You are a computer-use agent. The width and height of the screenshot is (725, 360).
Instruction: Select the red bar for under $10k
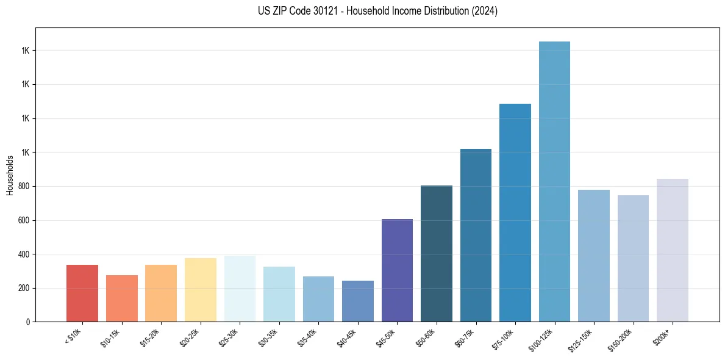[82, 293]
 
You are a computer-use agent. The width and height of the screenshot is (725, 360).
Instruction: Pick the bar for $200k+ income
[673, 250]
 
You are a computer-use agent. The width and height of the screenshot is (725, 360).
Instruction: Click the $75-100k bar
[515, 213]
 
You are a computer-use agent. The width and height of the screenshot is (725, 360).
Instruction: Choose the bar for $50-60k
[437, 254]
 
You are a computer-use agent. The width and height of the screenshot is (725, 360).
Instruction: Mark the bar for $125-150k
[594, 256]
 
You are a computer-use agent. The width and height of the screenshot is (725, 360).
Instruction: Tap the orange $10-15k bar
[122, 298]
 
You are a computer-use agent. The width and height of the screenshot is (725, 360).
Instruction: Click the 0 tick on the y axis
[28, 322]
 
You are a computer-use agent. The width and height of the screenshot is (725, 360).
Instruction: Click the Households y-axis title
[10, 175]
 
